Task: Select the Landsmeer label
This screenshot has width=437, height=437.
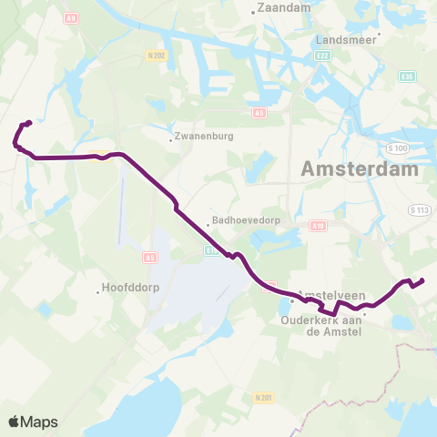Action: click(344, 40)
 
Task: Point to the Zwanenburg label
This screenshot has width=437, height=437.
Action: click(202, 138)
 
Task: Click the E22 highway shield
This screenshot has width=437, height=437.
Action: click(323, 56)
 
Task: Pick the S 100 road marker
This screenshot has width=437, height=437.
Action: click(398, 147)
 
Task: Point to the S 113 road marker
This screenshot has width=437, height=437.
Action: click(419, 210)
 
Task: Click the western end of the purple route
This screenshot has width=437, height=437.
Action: click(29, 124)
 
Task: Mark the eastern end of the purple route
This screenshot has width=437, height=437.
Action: click(422, 280)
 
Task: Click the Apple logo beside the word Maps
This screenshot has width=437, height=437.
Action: click(14, 422)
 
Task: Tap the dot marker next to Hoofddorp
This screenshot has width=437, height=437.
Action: click(99, 291)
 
